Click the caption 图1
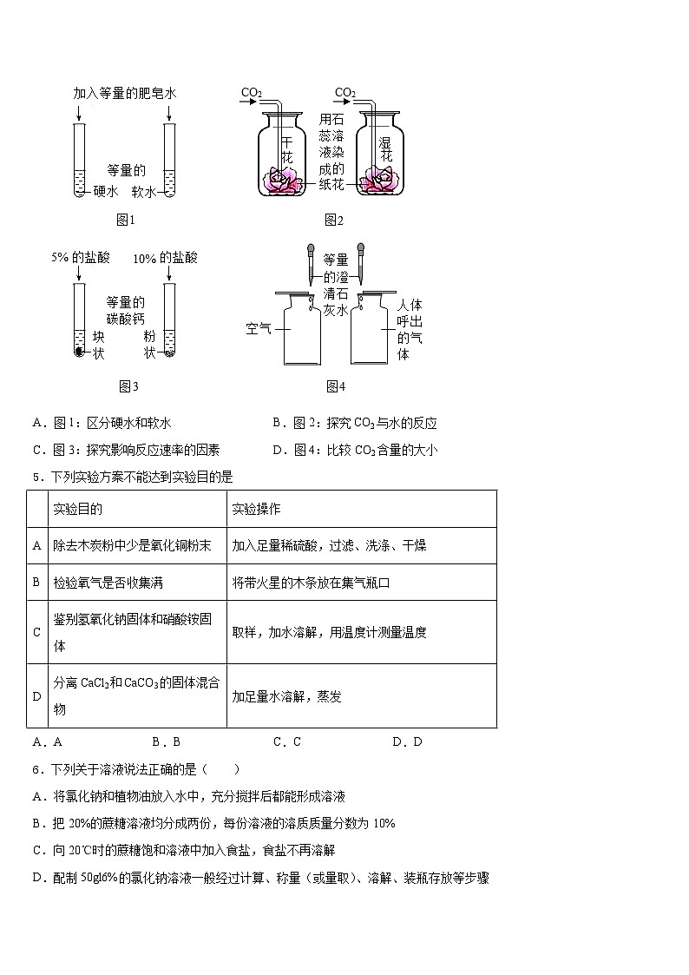127,220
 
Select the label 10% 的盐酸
166,259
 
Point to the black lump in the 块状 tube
79,352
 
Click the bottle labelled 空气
299,330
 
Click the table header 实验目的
78,509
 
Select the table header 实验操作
256,509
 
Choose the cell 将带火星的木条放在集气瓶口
311,583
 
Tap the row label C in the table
37,632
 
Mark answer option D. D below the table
407,741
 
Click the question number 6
36,769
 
